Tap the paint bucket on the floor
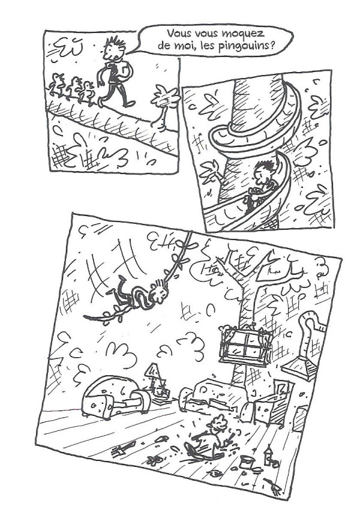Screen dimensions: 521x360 (x=246, y=462)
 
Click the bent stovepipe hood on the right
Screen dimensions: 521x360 (x=309, y=348)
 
